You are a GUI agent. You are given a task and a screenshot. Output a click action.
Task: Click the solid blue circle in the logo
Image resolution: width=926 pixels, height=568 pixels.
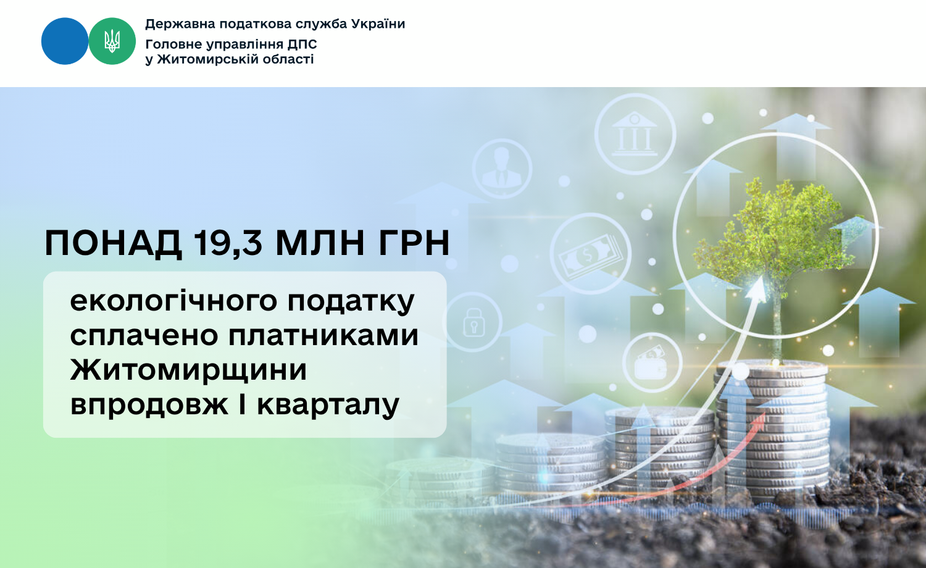point(65,41)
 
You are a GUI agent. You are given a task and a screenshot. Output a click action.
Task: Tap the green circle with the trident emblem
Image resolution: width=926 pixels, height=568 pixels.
point(112,41)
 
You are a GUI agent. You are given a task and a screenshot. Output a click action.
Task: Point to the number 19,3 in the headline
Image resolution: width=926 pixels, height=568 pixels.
point(227,243)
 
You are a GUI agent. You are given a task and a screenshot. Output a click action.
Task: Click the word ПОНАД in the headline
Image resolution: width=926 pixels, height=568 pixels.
point(113,243)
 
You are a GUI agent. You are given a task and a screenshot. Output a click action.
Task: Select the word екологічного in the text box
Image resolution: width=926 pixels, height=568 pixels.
point(174,301)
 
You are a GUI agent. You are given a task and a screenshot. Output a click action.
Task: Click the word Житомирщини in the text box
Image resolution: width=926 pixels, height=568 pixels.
point(188,369)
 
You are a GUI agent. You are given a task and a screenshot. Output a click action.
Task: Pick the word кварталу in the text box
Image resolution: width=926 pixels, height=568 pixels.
point(328,404)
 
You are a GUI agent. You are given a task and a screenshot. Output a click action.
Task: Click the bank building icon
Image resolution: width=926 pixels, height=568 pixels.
point(635,134)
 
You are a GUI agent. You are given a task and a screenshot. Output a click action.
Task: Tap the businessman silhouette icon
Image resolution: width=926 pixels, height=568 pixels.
point(502,169)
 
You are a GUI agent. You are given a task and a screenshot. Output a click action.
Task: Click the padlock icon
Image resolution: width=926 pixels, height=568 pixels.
point(472,322)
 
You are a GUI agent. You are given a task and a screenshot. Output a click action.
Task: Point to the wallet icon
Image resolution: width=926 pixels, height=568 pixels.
point(652,362)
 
